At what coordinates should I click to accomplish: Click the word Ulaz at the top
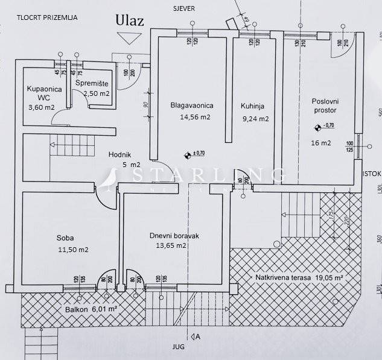(130, 19)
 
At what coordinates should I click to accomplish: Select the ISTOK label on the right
(372, 174)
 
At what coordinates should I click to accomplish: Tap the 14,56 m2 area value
(195, 117)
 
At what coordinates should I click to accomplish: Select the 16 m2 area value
(321, 143)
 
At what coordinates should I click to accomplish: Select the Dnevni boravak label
(174, 235)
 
